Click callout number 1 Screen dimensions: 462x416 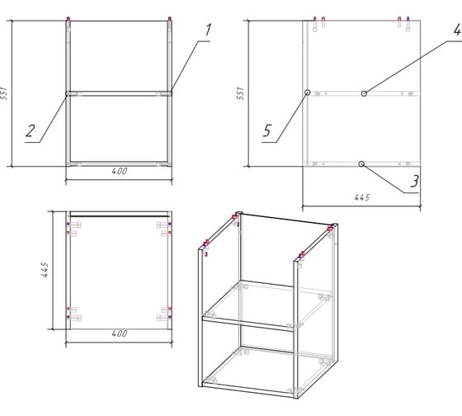pyautogui.click(x=208, y=30)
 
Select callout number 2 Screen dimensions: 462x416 pyautogui.click(x=30, y=131)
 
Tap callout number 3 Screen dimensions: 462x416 pyautogui.click(x=414, y=181)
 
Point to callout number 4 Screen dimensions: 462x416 pyautogui.click(x=457, y=30)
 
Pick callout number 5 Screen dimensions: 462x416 pyautogui.click(x=266, y=130)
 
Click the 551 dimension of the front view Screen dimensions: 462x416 pyautogui.click(x=4, y=93)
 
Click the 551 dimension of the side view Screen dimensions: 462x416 pyautogui.click(x=240, y=93)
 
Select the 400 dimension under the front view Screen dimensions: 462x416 pyautogui.click(x=120, y=172)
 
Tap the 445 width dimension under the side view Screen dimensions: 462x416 pyautogui.click(x=362, y=197)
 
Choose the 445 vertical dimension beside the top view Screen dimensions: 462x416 pyautogui.click(x=45, y=270)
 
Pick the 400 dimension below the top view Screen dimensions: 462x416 pyautogui.click(x=120, y=333)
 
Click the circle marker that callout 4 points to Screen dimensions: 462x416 pyautogui.click(x=364, y=93)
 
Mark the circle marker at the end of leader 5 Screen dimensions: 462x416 pyautogui.click(x=307, y=92)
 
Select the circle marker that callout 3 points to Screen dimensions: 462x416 pyautogui.click(x=361, y=163)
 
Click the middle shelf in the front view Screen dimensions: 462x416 pyautogui.click(x=119, y=93)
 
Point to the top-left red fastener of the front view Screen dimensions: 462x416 pyautogui.click(x=68, y=19)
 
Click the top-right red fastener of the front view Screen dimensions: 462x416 pyautogui.click(x=170, y=19)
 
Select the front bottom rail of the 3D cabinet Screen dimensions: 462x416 pyautogui.click(x=248, y=390)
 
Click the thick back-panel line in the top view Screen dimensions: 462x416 pyautogui.click(x=120, y=216)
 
